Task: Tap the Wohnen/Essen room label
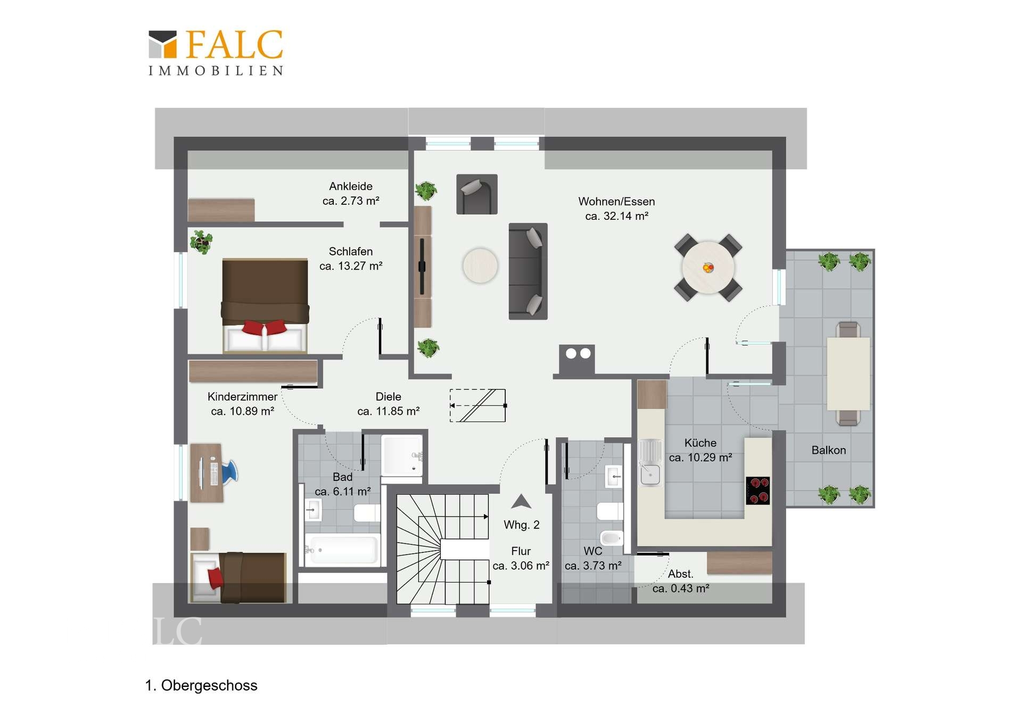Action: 616,202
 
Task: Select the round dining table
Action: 708,268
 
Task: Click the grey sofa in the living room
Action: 528,271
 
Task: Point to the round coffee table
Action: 480,265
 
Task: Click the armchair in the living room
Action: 477,194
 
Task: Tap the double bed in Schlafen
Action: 265,305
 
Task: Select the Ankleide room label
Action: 351,186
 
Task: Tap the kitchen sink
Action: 650,463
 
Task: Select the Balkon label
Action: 828,450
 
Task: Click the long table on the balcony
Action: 848,374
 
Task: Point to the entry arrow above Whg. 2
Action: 521,501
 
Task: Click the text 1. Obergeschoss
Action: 201,685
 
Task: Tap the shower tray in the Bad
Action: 402,455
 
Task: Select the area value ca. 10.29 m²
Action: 700,458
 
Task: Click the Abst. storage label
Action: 681,574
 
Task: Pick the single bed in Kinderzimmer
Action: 238,577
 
